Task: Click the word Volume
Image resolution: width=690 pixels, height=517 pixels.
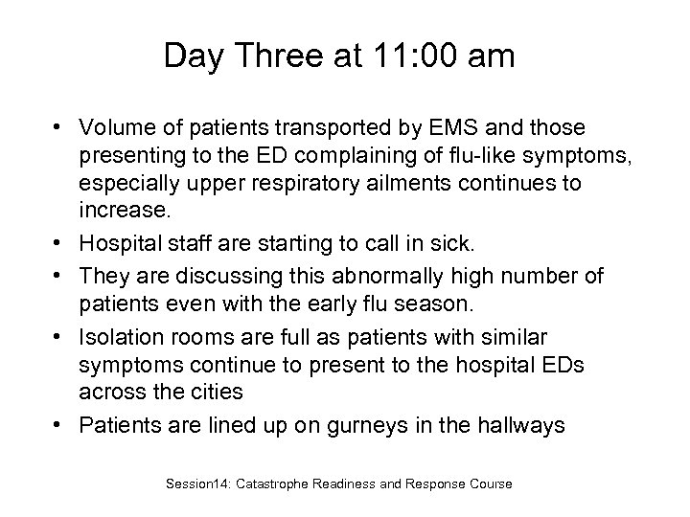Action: click(x=116, y=128)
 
